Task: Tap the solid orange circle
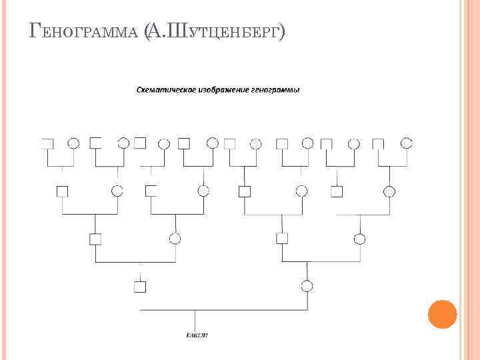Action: pos(442,314)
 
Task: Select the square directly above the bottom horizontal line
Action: pos(139,287)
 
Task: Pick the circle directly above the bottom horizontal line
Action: pos(307,287)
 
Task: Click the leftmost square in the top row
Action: pos(47,143)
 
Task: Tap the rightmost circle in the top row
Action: pos(406,142)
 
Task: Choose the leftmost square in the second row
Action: pos(62,191)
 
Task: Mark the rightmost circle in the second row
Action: pos(389,191)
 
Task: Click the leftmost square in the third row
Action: pos(95,239)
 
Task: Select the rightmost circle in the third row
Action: pos(360,238)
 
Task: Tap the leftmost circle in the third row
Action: pos(175,238)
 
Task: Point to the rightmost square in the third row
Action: pos(283,238)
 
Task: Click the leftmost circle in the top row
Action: pos(74,143)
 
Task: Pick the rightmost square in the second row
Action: pos(337,191)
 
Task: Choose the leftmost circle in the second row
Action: pos(118,191)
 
